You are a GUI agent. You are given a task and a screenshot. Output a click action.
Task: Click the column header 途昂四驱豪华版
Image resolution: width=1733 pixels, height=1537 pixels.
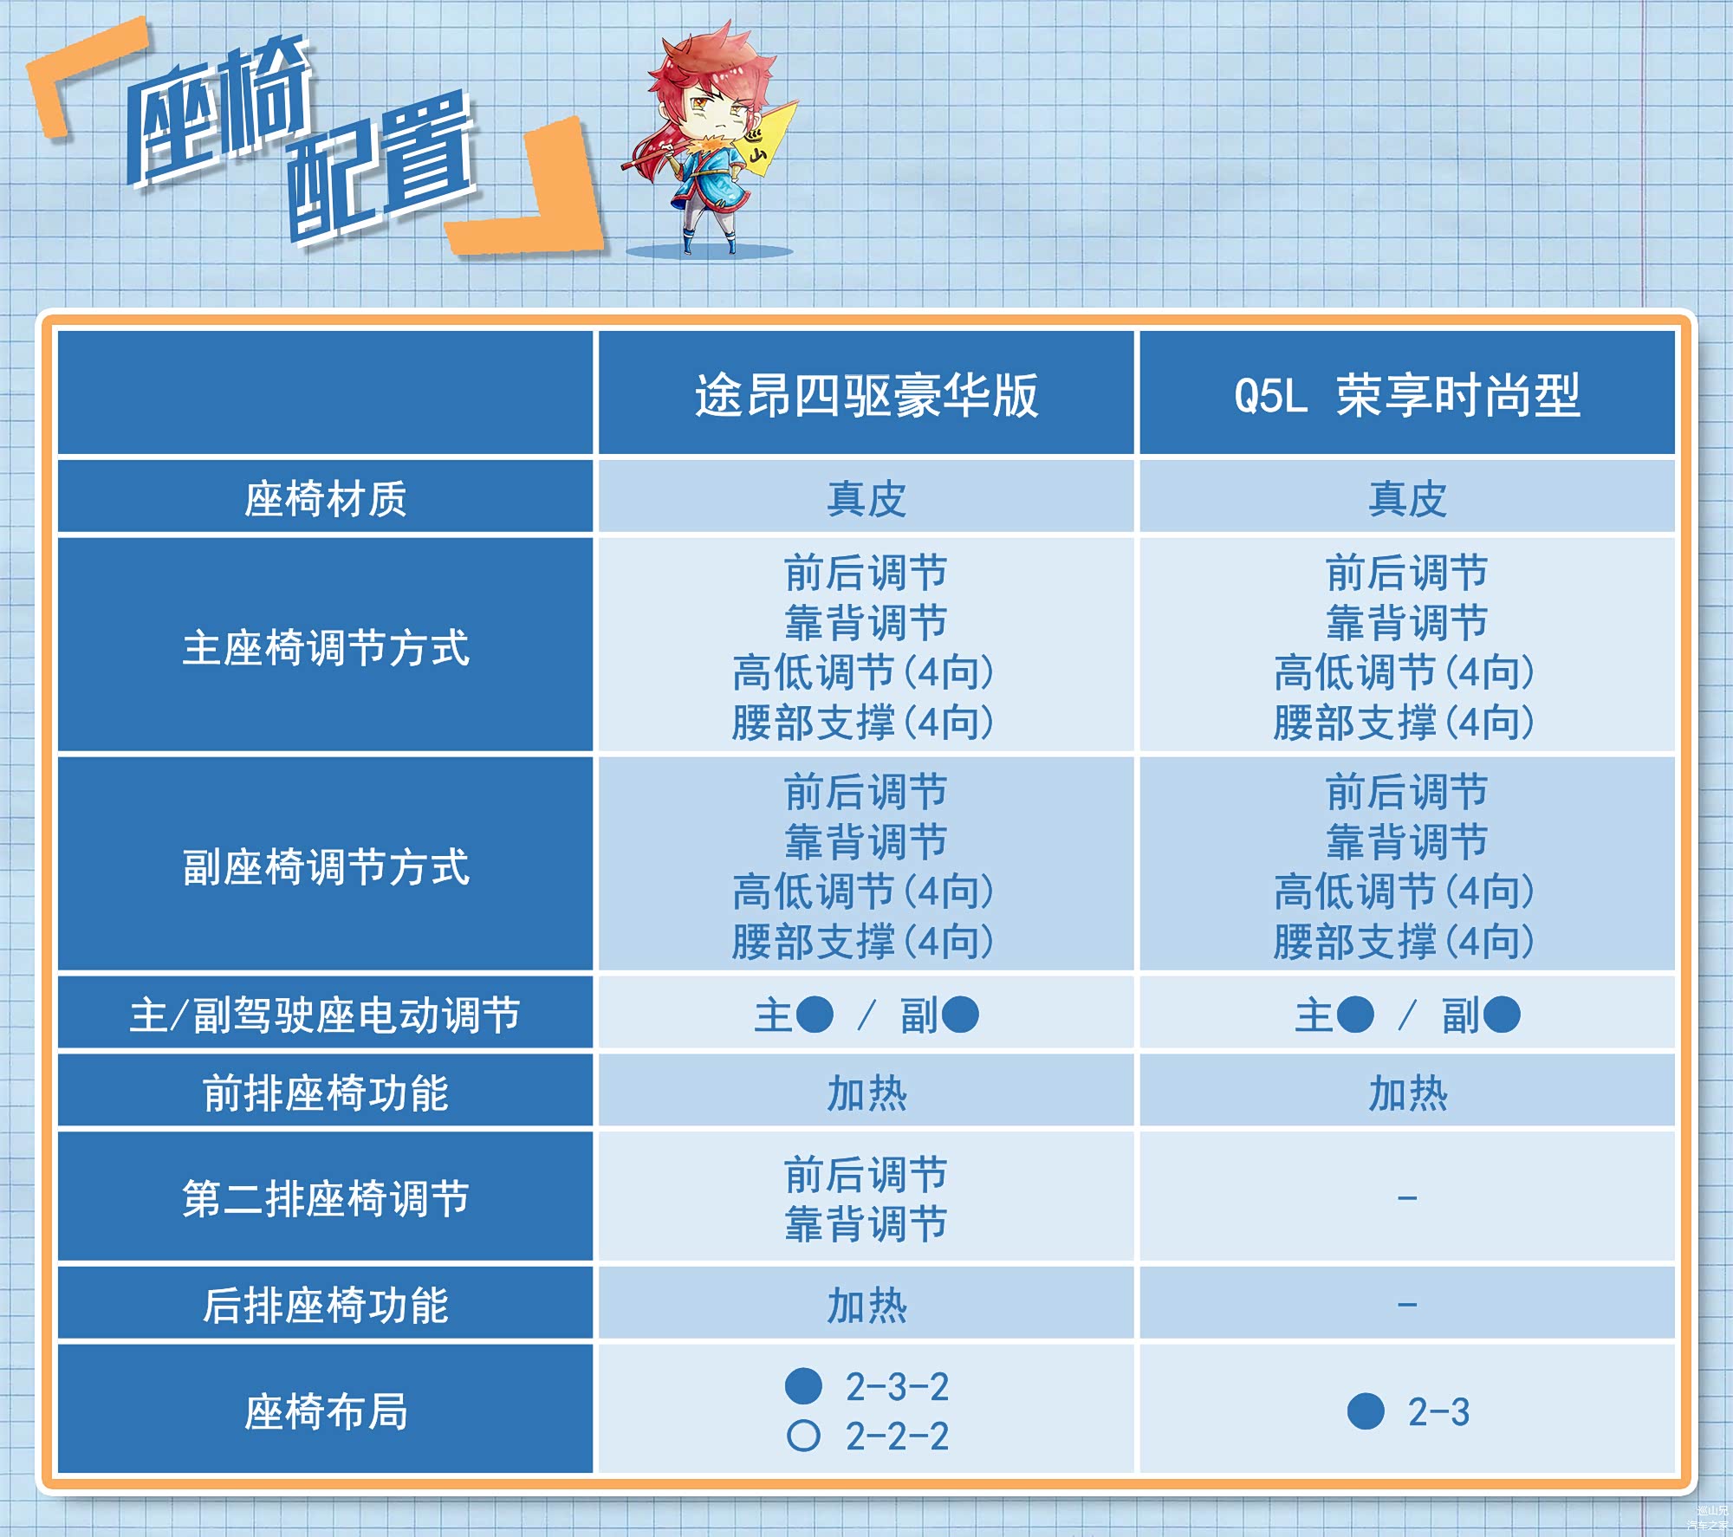[x=866, y=396]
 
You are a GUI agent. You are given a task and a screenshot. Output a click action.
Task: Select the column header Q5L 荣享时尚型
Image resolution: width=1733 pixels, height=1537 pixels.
[x=1407, y=396]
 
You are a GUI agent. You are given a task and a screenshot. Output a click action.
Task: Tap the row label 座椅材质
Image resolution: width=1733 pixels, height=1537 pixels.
[x=325, y=499]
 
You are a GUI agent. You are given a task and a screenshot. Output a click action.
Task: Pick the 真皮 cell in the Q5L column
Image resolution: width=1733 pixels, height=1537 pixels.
[x=1407, y=499]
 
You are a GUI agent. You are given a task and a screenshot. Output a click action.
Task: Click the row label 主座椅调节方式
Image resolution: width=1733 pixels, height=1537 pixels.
[x=325, y=647]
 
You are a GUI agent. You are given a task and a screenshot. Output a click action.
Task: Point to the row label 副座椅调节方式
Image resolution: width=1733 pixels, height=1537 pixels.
[x=325, y=866]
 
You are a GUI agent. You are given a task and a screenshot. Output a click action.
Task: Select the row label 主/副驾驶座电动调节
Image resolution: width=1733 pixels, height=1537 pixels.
[x=325, y=1015]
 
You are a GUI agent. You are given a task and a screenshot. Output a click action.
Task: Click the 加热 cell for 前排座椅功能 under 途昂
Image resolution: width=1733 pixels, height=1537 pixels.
[x=866, y=1093]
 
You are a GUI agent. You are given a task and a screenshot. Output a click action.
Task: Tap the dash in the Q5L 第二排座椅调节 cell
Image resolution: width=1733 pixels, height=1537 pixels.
[x=1407, y=1198]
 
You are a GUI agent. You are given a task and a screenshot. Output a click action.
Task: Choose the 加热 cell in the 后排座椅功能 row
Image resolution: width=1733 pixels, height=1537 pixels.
[x=866, y=1305]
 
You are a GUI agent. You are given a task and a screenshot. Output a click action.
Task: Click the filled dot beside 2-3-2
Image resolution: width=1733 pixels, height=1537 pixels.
[x=803, y=1385]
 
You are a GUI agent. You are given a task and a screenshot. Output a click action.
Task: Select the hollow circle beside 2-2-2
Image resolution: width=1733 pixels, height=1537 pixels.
[x=803, y=1436]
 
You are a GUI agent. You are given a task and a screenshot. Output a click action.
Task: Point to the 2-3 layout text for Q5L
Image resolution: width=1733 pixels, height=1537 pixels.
[x=1438, y=1411]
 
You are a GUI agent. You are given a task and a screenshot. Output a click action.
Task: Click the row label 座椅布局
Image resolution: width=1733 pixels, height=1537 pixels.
[x=325, y=1411]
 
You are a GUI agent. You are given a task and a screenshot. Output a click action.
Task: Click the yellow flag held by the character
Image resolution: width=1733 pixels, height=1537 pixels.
[x=766, y=139]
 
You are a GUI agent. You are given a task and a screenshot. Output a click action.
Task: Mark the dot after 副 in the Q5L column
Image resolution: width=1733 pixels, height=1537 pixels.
[x=1502, y=1015]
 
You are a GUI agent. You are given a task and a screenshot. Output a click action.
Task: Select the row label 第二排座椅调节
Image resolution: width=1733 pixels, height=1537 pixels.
[x=325, y=1198]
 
